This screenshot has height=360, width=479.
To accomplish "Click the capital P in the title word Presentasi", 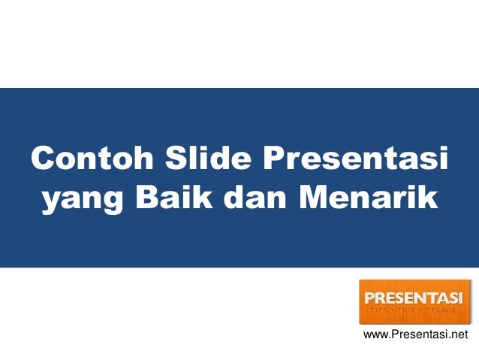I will pos(272,159).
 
